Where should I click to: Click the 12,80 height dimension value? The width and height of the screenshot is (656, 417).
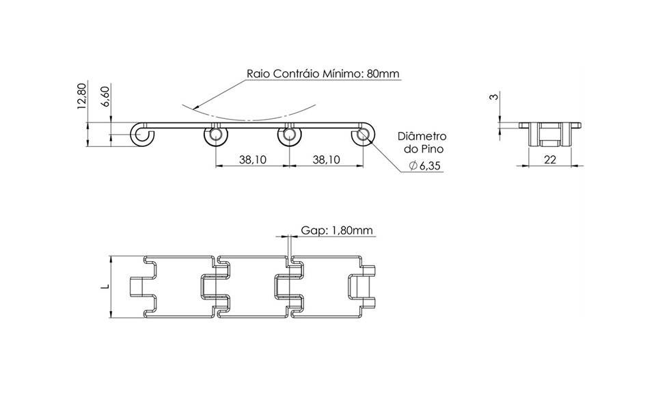82,96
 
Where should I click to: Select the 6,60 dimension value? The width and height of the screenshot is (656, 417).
105,96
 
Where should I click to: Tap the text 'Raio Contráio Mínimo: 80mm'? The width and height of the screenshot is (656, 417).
323,74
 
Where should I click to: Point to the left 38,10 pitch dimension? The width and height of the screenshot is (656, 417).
253,159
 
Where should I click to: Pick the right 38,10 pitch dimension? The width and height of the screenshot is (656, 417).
327,159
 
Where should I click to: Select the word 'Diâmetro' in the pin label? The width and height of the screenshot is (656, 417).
422,137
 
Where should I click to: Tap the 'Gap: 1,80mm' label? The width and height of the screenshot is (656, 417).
337,230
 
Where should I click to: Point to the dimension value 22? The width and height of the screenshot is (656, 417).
550,159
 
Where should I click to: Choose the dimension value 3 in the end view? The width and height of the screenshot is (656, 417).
495,96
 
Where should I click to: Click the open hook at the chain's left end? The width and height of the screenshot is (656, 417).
143,135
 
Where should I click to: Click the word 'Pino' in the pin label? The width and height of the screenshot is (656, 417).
432,149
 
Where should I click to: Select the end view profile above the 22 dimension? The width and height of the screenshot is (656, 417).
550,134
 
